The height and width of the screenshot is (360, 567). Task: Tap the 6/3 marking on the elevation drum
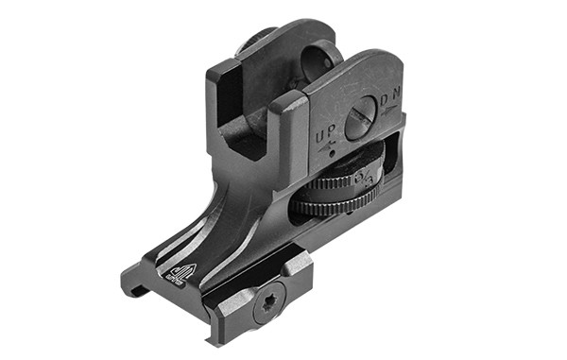tap(368, 177)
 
